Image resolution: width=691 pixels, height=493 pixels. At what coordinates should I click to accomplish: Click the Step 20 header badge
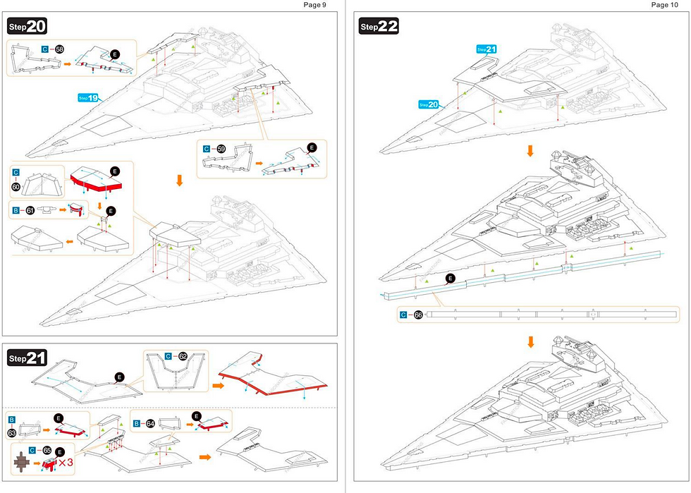point(27,26)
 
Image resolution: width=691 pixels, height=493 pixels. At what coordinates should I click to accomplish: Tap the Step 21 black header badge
point(27,358)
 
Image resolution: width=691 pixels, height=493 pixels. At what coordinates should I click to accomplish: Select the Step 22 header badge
point(379,26)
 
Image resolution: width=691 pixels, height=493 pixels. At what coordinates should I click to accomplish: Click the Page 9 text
point(314,5)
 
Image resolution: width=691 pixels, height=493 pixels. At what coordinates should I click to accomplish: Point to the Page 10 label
point(664,5)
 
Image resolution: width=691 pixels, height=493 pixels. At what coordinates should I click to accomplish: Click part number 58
point(59,49)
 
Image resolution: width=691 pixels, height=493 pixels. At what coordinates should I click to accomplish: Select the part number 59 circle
point(221,150)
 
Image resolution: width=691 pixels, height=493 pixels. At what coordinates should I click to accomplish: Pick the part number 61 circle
point(30,209)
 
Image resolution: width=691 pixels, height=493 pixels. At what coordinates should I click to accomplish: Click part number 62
point(183,357)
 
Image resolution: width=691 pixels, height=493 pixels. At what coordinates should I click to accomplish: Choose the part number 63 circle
point(12,432)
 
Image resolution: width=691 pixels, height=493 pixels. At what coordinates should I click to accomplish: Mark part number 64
point(149,423)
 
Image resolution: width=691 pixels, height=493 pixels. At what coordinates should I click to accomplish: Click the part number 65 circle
point(47,449)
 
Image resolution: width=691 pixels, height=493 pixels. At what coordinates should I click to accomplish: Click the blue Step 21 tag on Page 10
point(487,49)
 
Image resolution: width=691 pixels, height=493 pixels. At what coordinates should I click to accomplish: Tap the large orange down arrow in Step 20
point(179,181)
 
